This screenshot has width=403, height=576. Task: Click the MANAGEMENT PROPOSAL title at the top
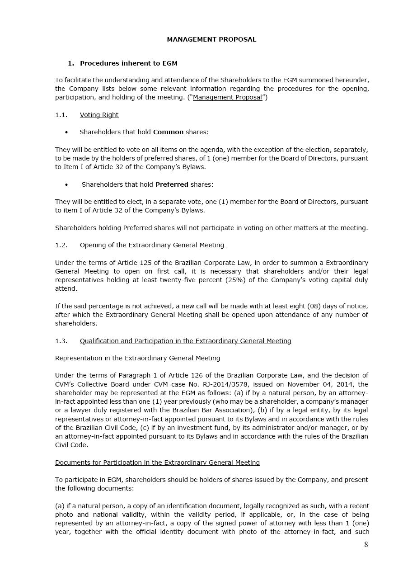(211, 39)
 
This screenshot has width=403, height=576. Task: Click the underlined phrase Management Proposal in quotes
(227, 98)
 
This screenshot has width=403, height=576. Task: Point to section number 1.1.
(61, 115)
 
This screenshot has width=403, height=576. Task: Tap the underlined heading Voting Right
(99, 115)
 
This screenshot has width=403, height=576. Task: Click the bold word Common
(168, 132)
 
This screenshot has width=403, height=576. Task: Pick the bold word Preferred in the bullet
(172, 184)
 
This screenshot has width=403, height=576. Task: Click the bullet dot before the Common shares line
(66, 132)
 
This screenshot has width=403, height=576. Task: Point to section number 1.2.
(61, 245)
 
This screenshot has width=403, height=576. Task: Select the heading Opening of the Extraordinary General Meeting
(152, 245)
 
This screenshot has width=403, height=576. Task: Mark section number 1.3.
(61, 341)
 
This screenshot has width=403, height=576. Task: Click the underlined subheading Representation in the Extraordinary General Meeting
(137, 358)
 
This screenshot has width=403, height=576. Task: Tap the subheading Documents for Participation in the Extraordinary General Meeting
(157, 463)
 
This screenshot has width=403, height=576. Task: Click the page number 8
(366, 544)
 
